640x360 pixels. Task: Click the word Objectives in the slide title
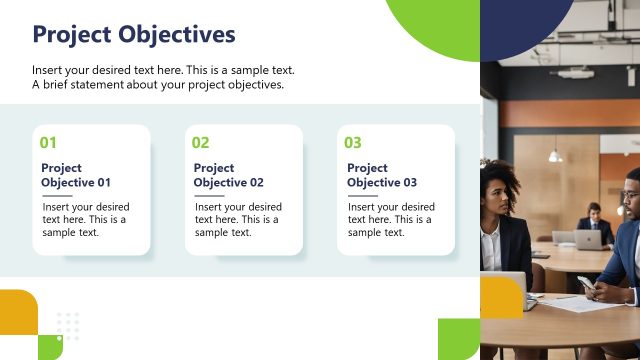pos(178,35)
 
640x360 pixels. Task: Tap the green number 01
pos(48,143)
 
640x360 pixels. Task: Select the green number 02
pos(201,143)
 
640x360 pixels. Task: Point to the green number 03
pos(353,143)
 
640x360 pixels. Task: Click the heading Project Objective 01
pos(76,175)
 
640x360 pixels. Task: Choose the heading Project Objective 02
pos(229,175)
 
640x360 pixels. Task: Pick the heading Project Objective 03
pos(382,175)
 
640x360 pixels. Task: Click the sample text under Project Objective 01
pos(85,219)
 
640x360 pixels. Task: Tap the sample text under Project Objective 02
pos(238,219)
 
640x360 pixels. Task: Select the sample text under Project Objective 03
pos(391,219)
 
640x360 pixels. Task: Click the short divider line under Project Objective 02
pos(209,195)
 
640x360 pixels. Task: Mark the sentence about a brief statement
pos(158,85)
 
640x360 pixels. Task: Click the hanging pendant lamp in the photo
pos(554,155)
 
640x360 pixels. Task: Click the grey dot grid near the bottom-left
pos(68,324)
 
